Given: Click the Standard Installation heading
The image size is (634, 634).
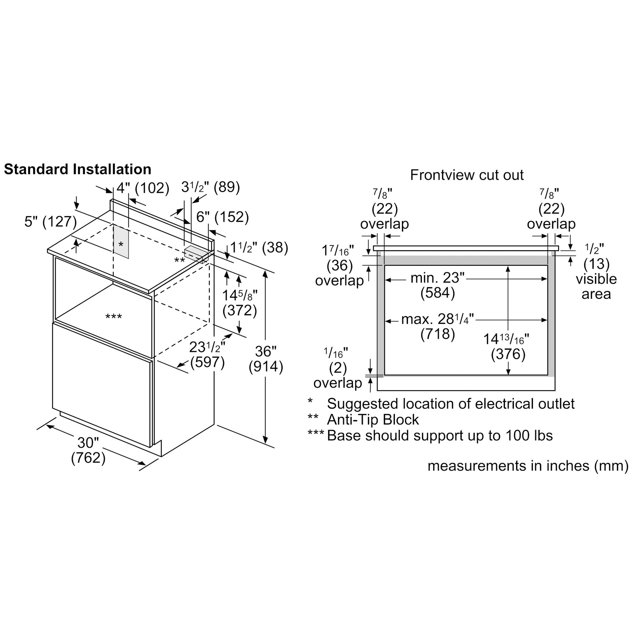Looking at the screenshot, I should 77,170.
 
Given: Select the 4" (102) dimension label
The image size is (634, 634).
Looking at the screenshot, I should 143,188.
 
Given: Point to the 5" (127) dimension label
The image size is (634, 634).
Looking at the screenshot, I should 50,222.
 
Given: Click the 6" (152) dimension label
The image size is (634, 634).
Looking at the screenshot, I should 223,217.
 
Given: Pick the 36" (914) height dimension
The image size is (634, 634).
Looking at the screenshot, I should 265,359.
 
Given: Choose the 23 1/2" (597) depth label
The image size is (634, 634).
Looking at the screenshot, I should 207,355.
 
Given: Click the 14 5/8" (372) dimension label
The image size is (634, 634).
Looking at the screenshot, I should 240,303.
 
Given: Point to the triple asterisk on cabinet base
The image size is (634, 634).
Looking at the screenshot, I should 113,317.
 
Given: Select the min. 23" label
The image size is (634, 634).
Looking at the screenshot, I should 437,278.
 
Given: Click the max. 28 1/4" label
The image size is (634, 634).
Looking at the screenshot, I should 437,319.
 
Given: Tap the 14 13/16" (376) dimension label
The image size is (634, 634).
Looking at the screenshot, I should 508,346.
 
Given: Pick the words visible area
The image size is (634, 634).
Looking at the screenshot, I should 596,287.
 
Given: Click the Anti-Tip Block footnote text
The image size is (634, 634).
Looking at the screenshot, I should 373,420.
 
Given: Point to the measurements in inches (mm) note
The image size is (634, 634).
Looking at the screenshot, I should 528,466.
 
